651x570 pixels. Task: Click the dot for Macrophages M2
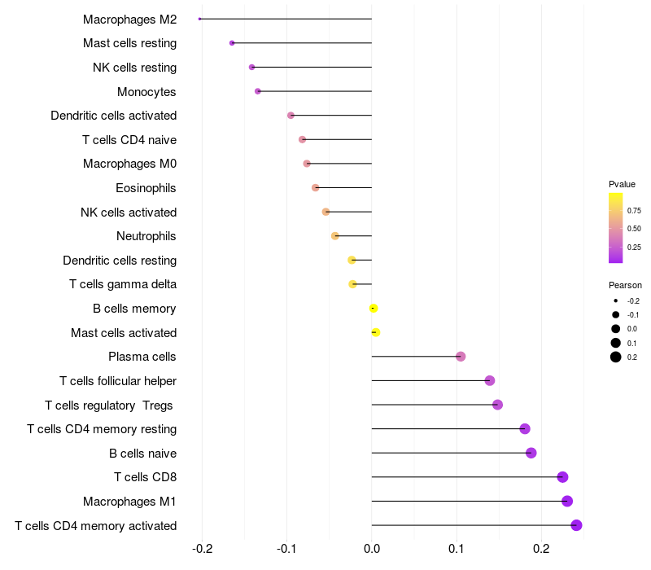point(199,19)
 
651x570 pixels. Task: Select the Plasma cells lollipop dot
point(461,357)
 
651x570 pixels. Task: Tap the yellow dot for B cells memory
point(374,309)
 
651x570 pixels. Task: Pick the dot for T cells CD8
point(562,477)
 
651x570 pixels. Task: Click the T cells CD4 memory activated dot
point(576,525)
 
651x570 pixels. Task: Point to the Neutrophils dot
point(335,236)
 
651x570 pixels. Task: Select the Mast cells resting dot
point(232,43)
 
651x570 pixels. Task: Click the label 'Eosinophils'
point(146,188)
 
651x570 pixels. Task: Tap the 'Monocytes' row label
point(146,92)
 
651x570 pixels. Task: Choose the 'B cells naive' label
point(143,454)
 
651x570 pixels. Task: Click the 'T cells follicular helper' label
point(118,381)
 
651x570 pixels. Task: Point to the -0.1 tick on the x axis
point(286,549)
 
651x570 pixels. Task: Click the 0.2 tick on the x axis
point(541,549)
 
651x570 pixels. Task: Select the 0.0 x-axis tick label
point(372,549)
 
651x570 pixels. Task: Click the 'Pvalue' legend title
point(622,184)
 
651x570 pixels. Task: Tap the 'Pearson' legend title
point(625,285)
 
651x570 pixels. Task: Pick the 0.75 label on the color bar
point(634,211)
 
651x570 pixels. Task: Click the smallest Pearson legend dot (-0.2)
point(616,300)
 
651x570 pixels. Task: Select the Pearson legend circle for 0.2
point(616,357)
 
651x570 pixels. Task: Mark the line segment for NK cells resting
point(312,68)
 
